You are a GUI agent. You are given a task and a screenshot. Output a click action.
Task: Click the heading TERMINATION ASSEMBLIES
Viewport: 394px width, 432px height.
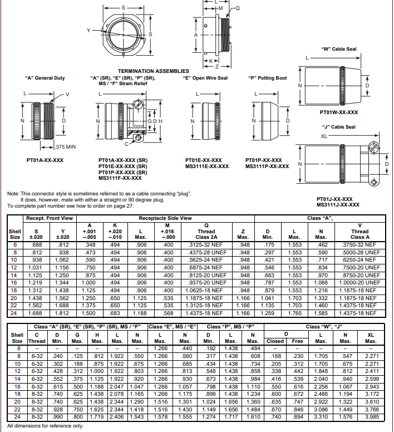(x=153, y=71)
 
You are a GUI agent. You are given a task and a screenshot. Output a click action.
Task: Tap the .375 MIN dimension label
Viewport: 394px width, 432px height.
(x=66, y=146)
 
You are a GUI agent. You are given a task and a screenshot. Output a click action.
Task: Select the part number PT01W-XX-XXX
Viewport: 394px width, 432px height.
(x=338, y=112)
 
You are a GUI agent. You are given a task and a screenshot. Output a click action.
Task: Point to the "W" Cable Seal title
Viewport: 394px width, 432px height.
(x=338, y=49)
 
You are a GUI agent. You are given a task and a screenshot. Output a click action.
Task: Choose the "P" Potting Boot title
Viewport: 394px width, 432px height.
(x=267, y=78)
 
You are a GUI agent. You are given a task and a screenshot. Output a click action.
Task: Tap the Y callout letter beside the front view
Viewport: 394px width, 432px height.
(x=88, y=30)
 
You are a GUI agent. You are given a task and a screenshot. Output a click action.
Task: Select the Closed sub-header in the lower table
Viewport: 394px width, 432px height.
(x=275, y=341)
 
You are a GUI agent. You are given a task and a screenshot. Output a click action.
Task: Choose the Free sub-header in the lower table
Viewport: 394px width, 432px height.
(x=297, y=341)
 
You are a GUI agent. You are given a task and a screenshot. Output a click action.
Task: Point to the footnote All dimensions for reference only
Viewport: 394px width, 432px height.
(x=45, y=426)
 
